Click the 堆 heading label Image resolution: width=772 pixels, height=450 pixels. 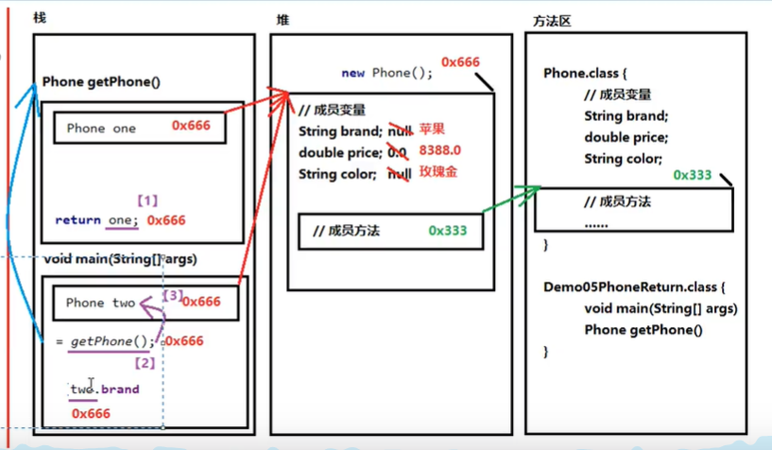(283, 20)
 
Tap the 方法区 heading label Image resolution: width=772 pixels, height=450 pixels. (552, 20)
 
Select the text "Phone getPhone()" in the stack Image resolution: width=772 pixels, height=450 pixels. (102, 82)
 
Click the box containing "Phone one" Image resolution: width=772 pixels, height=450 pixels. (139, 129)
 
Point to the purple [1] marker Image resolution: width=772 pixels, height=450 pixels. (146, 200)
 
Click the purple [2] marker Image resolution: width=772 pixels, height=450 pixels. (145, 362)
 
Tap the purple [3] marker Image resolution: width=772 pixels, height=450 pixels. (173, 296)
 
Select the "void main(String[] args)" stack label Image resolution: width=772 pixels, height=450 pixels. (119, 258)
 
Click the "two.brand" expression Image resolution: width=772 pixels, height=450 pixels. (104, 389)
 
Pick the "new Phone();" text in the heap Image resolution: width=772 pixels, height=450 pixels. (386, 73)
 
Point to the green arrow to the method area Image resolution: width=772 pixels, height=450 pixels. (510, 201)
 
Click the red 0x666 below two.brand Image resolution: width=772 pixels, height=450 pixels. (91, 413)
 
